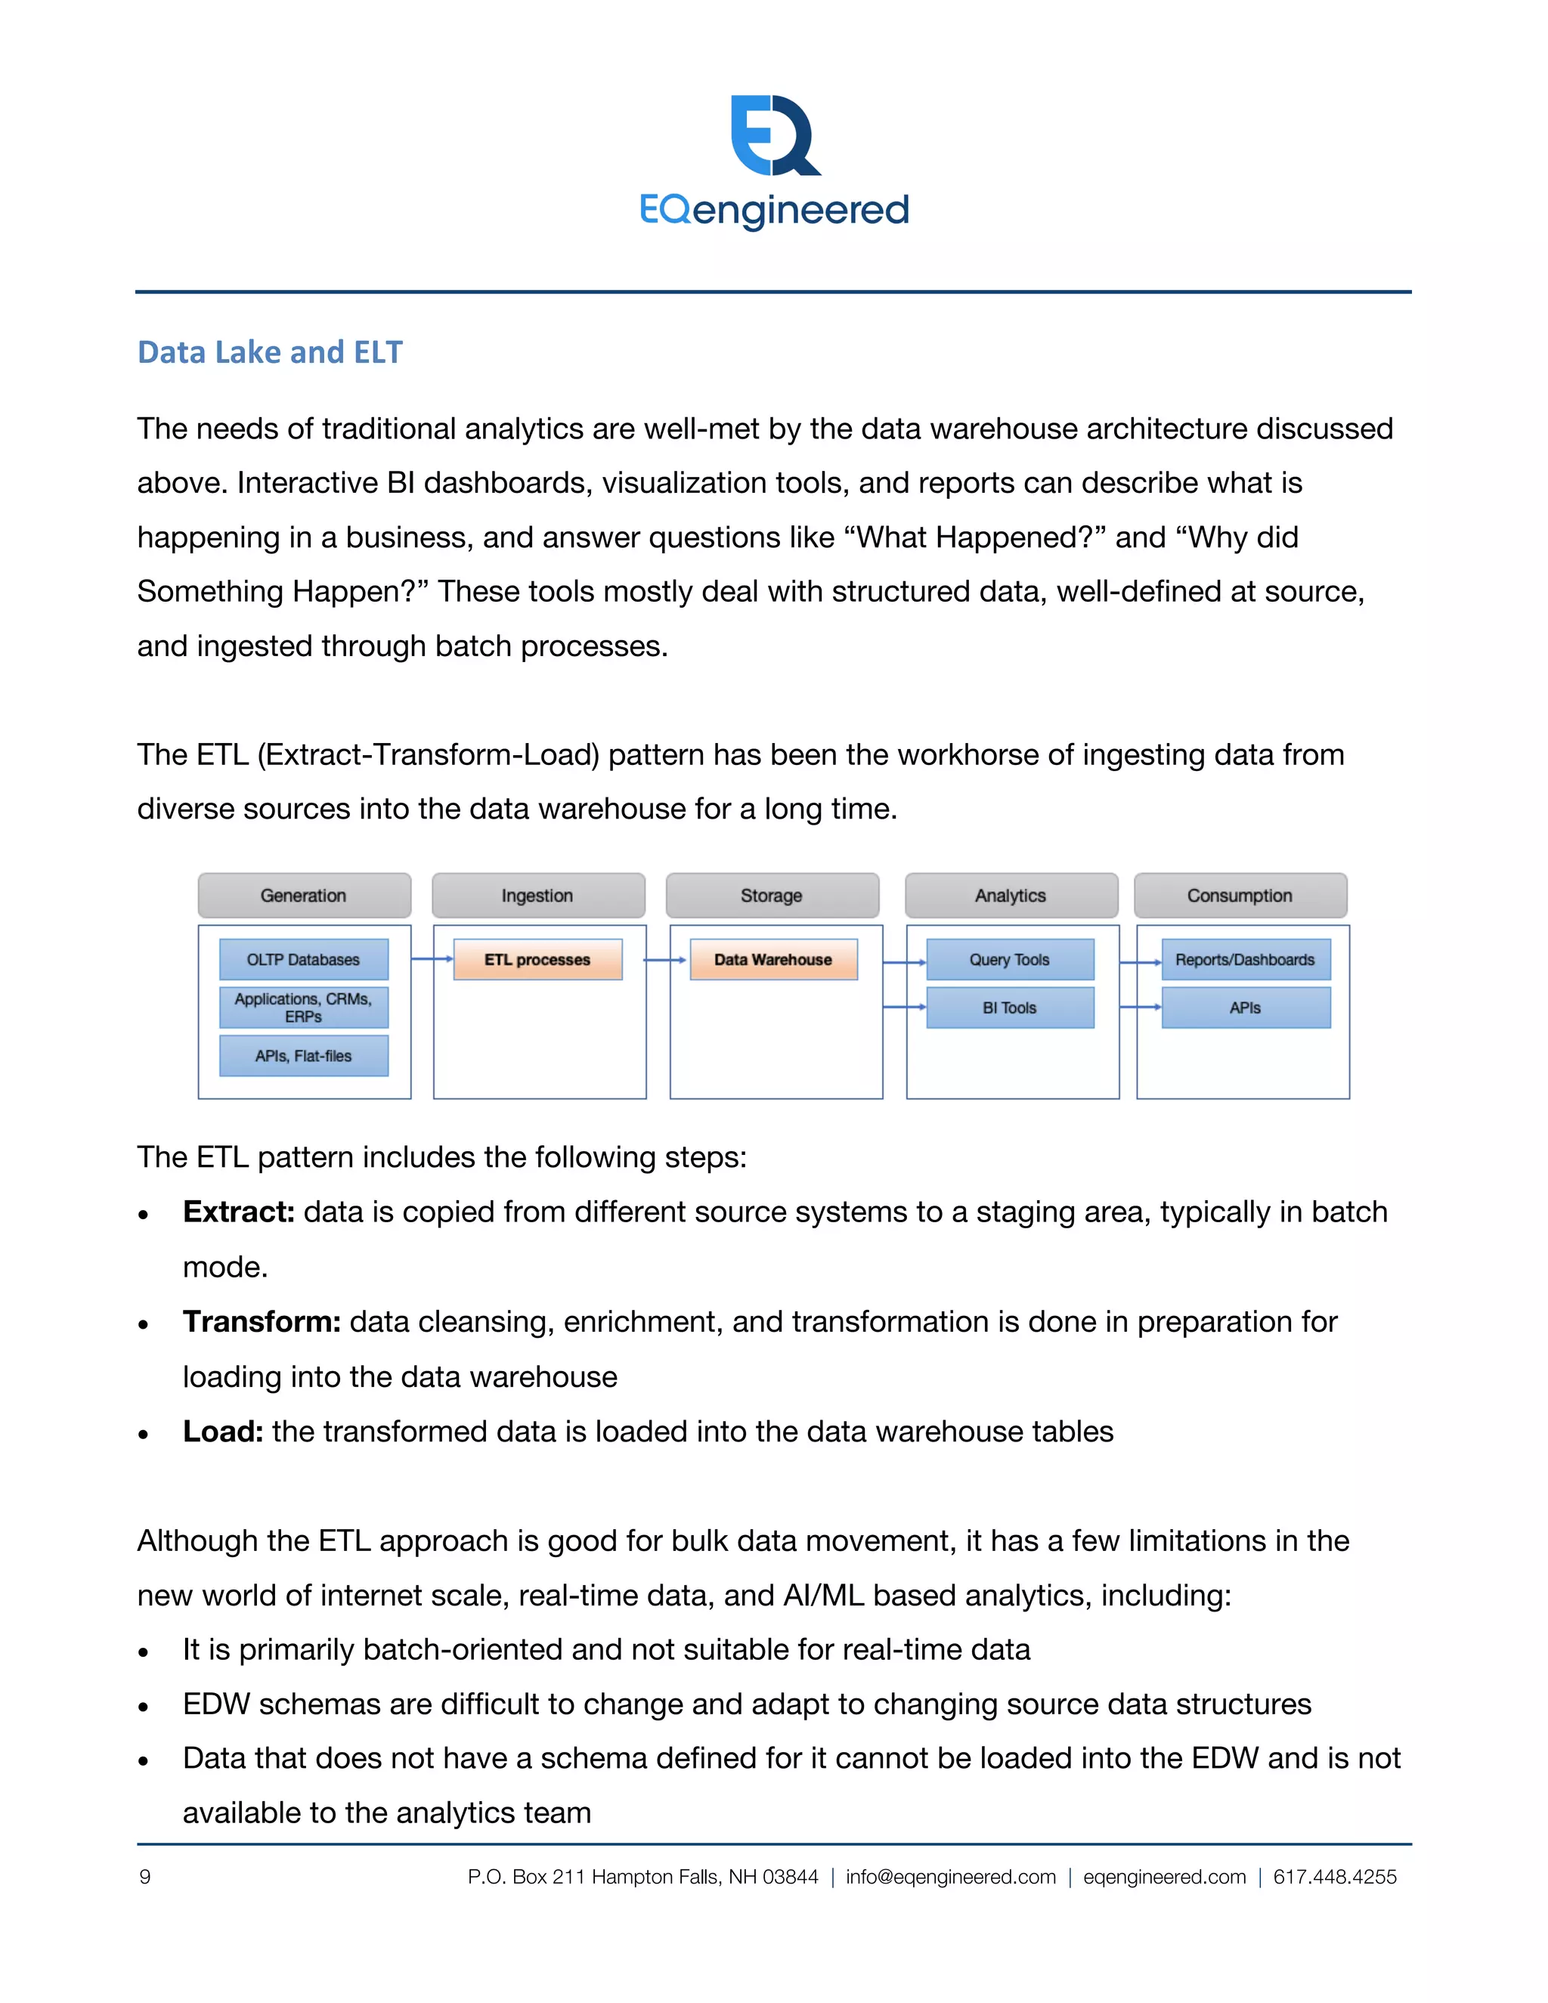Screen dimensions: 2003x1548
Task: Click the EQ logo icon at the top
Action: pyautogui.click(x=775, y=136)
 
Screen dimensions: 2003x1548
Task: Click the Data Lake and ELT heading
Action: pyautogui.click(x=270, y=352)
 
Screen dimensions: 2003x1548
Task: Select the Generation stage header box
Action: pyautogui.click(x=304, y=895)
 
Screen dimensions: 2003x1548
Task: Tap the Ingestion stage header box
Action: pyautogui.click(x=538, y=895)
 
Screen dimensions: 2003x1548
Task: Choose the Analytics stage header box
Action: pyautogui.click(x=1011, y=895)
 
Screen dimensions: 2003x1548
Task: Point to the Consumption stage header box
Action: pyautogui.click(x=1240, y=895)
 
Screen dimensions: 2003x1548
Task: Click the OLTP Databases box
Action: pyautogui.click(x=304, y=959)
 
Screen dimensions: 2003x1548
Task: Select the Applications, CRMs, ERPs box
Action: pyautogui.click(x=304, y=1007)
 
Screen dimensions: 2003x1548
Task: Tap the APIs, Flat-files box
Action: pyautogui.click(x=304, y=1056)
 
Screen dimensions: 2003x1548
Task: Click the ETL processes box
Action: pyautogui.click(x=537, y=959)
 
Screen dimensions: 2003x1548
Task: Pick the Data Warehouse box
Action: pyautogui.click(x=773, y=959)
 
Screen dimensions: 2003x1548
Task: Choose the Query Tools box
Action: pyautogui.click(x=1010, y=959)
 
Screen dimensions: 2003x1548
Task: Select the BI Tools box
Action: pyautogui.click(x=1010, y=1008)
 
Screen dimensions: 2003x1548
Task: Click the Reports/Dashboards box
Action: pyautogui.click(x=1246, y=959)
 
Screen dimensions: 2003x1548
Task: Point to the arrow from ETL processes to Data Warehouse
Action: pyautogui.click(x=665, y=960)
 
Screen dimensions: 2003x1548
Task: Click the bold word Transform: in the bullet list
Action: pyautogui.click(x=262, y=1321)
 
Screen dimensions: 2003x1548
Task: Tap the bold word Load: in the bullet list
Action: pyautogui.click(x=223, y=1432)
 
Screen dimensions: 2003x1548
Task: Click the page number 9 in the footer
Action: pyautogui.click(x=145, y=1878)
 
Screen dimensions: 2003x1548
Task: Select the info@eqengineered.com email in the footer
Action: pyautogui.click(x=950, y=1878)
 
